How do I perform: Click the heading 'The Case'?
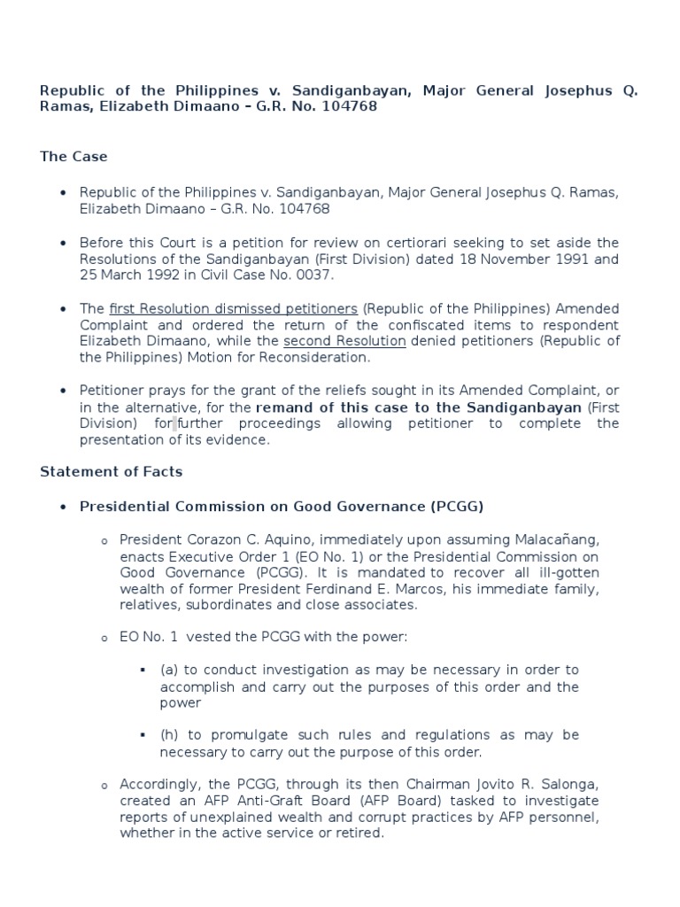click(73, 157)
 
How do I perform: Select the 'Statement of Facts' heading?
click(111, 471)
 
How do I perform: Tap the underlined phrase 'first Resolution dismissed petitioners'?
click(234, 308)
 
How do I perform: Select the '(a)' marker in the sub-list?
click(168, 670)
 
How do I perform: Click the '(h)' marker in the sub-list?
click(168, 735)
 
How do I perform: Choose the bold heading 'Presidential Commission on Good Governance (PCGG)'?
click(282, 507)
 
